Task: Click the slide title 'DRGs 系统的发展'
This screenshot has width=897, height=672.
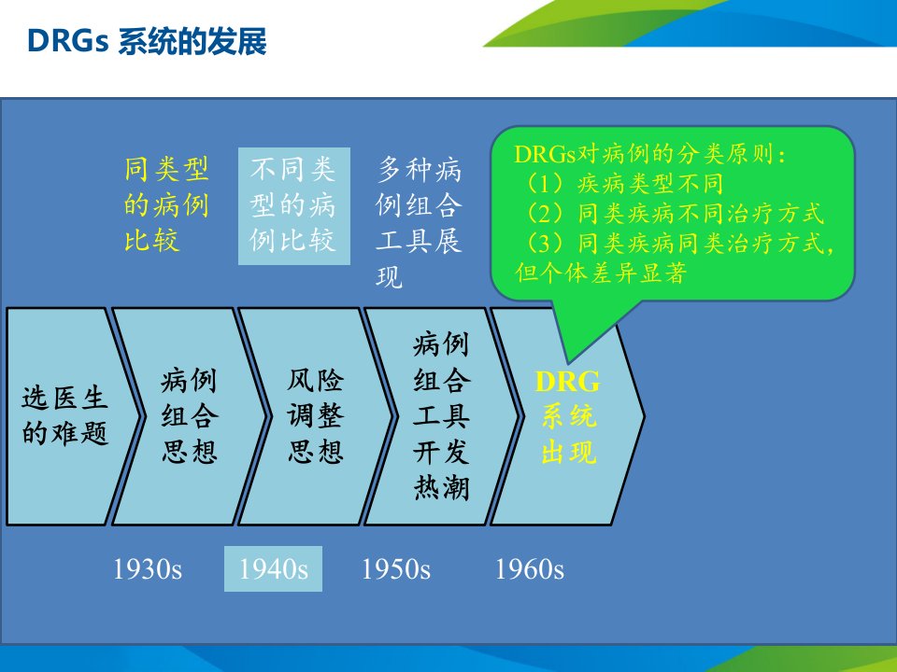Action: point(147,42)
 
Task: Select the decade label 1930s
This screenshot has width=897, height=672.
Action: point(148,569)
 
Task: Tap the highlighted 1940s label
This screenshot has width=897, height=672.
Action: point(274,569)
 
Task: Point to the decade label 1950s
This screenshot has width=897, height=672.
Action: point(396,569)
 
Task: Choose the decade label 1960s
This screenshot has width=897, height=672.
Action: point(529,569)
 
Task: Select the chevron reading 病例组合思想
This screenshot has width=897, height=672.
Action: point(190,416)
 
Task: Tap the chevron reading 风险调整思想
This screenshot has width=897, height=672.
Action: point(316,416)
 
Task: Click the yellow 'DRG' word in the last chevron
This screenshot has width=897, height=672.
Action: point(567,382)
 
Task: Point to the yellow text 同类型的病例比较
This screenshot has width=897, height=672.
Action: point(166,204)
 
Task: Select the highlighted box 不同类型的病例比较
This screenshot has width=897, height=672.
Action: point(294,205)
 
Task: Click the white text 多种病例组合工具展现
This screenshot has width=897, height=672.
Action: point(419,223)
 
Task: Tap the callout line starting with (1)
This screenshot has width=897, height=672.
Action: point(623,184)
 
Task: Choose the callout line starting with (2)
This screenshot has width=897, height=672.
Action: point(674,213)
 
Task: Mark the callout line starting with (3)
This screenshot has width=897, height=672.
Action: point(678,243)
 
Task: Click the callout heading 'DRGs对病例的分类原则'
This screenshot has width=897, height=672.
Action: point(650,154)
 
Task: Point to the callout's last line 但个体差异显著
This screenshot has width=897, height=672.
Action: point(600,273)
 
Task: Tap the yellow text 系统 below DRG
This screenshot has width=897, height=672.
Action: point(569,416)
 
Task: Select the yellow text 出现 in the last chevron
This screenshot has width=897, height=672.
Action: point(569,453)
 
